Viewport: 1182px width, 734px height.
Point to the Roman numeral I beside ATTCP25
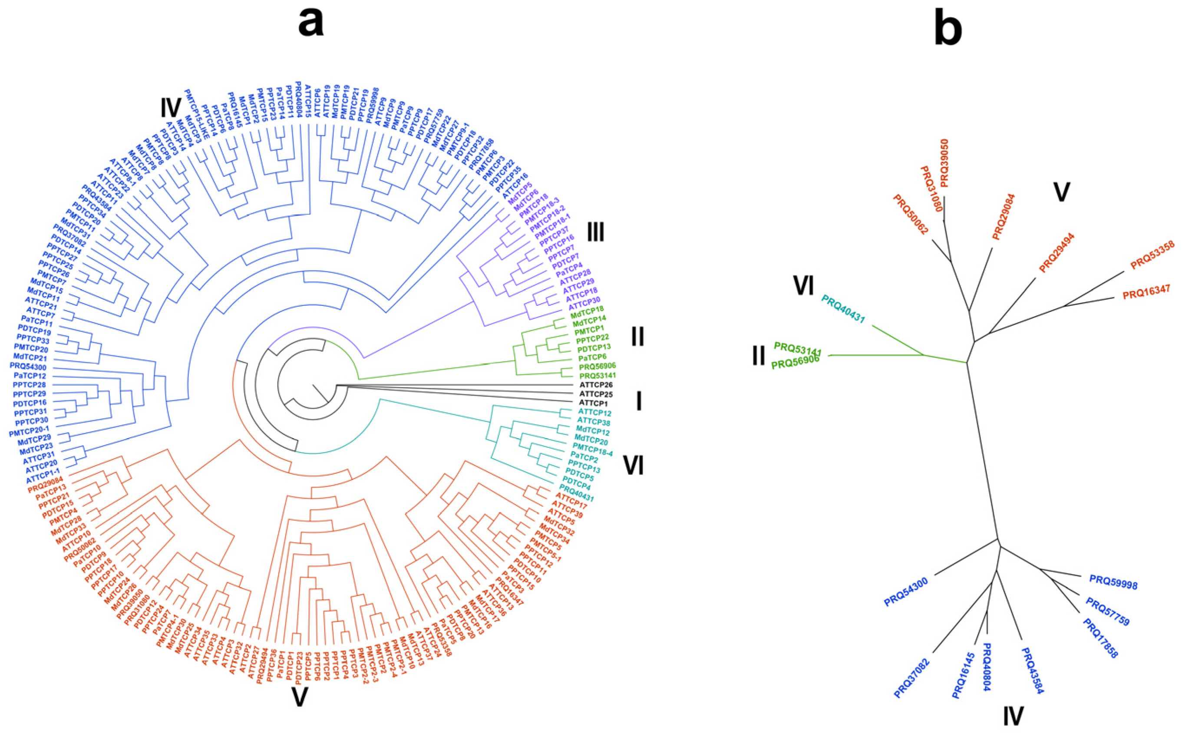(639, 402)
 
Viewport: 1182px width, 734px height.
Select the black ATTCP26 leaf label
(596, 384)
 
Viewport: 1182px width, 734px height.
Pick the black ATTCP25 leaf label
(596, 393)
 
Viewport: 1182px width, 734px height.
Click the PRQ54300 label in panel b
(906, 592)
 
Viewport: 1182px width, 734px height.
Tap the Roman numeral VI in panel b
(803, 286)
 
